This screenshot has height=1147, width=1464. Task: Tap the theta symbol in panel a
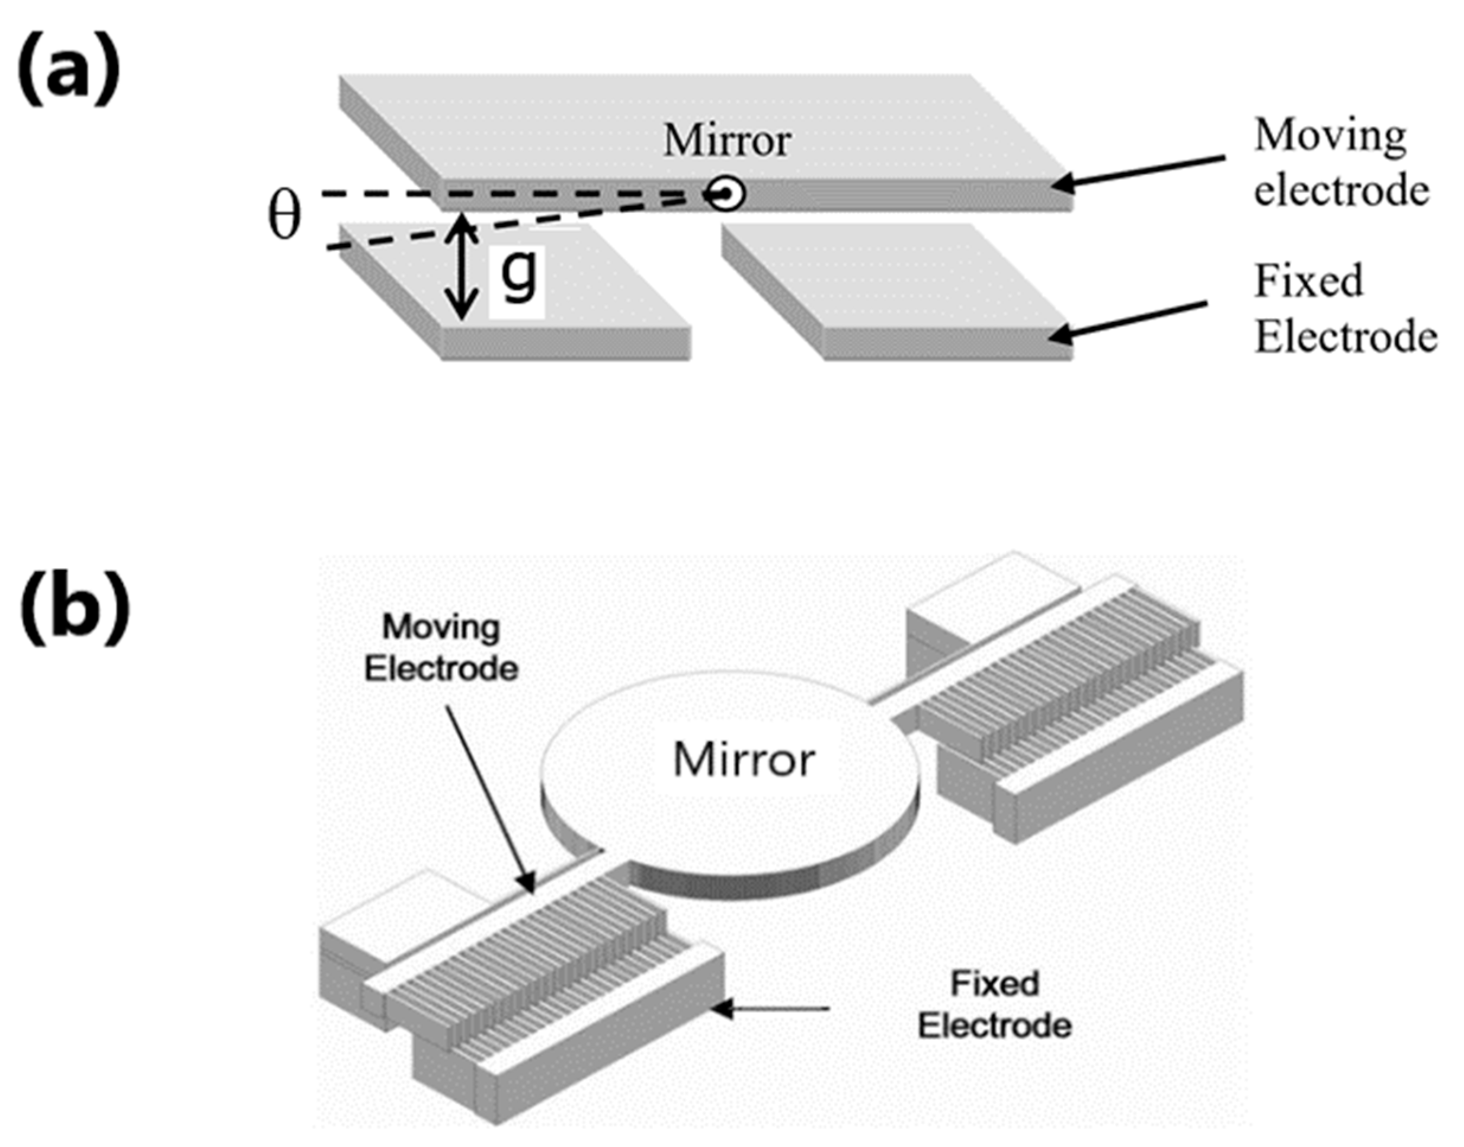(x=284, y=218)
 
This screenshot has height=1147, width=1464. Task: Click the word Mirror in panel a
(x=726, y=141)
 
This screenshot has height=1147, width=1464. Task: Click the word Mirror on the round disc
(x=744, y=759)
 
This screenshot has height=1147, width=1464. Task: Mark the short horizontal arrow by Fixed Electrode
(x=772, y=1008)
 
